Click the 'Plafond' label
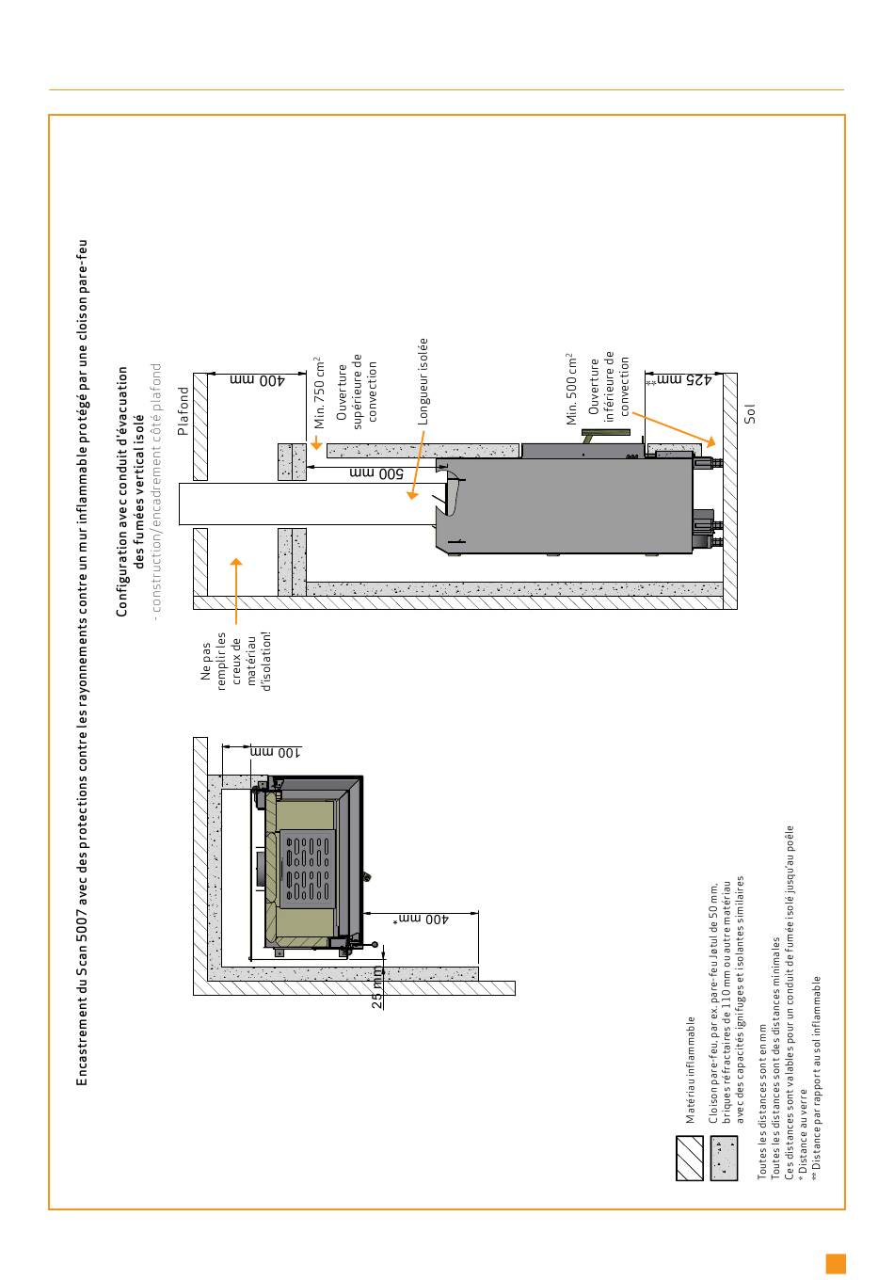184,411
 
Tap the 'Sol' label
750,412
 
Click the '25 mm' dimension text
377,988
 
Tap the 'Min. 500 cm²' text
571,390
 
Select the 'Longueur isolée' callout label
423,380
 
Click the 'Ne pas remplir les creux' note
235,673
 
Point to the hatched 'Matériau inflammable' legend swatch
690,1158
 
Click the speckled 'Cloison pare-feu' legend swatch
725,1158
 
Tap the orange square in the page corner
836,1263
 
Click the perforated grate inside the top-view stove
308,869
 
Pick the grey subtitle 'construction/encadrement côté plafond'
156,487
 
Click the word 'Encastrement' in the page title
82,1049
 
